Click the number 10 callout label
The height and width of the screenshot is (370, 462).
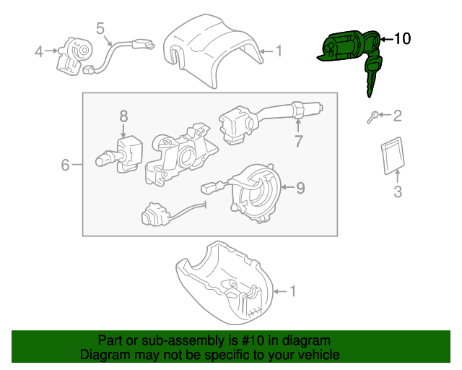pos(402,39)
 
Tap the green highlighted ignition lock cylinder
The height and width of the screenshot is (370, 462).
pos(343,48)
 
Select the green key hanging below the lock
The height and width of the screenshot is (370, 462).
pos(372,77)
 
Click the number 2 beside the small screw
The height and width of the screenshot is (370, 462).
pos(397,116)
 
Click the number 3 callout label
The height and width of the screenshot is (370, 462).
pos(396,192)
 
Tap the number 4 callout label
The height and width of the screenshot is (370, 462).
pos(39,51)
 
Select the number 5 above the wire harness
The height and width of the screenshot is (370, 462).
pos(100,29)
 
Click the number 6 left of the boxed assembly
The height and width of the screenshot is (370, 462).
pos(64,165)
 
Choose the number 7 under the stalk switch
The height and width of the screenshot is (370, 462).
pos(297,142)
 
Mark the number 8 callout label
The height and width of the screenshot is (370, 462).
pos(123,116)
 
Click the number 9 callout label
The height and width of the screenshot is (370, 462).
pos(300,189)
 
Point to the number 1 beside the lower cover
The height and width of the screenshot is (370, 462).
pos(292,291)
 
